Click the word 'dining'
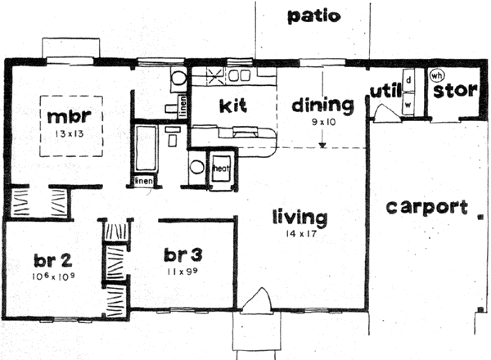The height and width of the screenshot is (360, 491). pos(322,105)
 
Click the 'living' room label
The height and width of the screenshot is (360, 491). pos(300,218)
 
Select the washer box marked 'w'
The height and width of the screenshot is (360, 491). pos(407,105)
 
